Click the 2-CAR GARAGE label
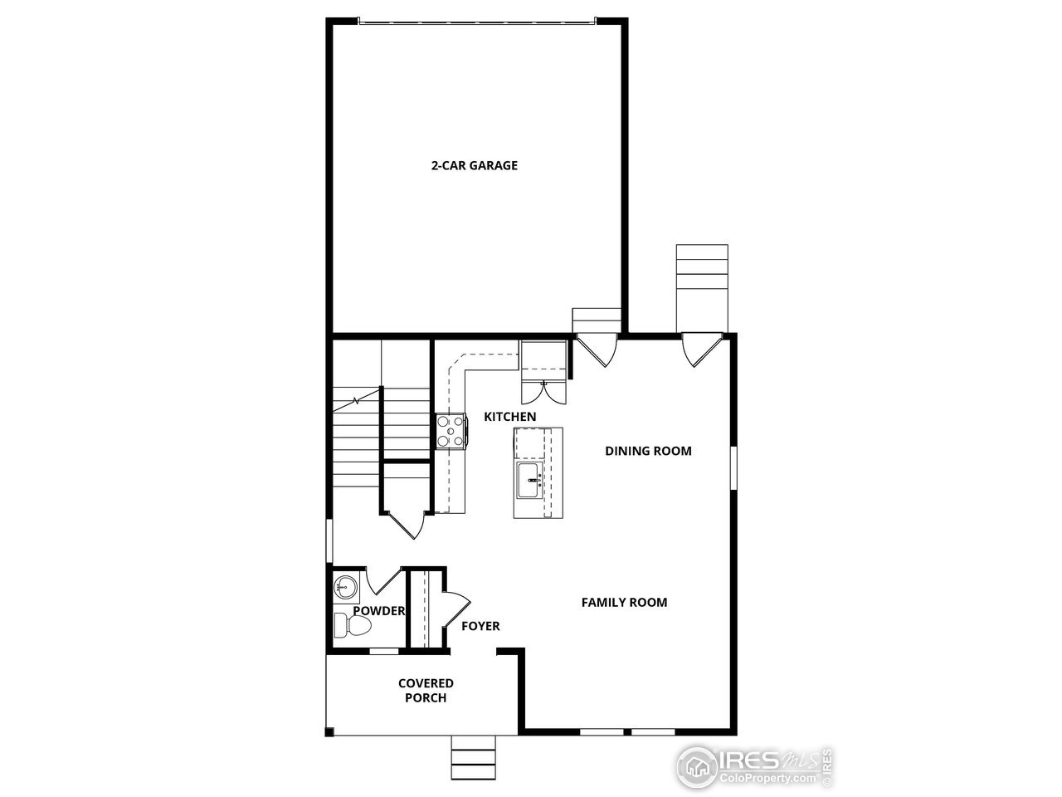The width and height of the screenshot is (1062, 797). click(474, 165)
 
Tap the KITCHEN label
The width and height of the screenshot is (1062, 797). click(510, 417)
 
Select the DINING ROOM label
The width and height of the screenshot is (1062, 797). click(648, 451)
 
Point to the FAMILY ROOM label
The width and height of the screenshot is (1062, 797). click(624, 602)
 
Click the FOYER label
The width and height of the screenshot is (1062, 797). click(480, 625)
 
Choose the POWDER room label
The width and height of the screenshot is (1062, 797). click(379, 611)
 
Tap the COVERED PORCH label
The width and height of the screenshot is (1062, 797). click(426, 690)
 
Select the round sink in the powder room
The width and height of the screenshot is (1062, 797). click(344, 588)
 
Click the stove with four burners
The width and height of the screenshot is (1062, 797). click(451, 431)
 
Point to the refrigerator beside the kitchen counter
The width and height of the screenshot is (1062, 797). click(543, 357)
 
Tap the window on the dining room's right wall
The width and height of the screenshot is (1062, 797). click(733, 467)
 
